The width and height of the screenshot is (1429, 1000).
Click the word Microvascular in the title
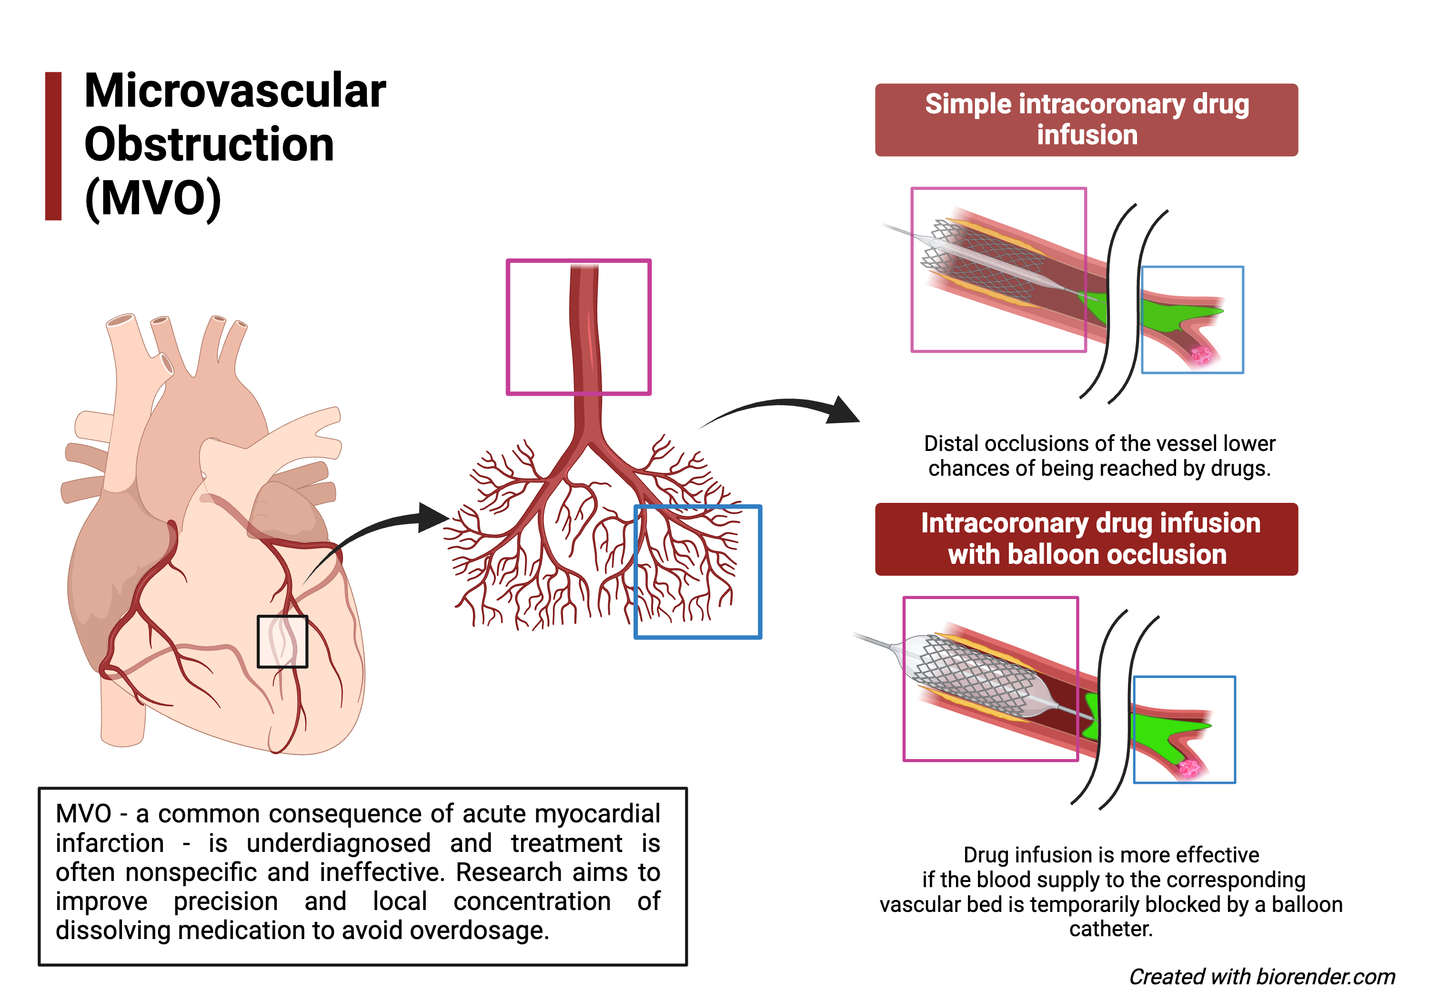pos(235,91)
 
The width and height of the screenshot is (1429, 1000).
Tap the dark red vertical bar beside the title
pos(53,146)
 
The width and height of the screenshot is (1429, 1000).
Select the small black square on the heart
pos(282,641)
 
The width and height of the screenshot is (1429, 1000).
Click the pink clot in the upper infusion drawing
pos(1200,355)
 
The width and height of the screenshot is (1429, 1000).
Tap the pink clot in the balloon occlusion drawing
pos(1189,768)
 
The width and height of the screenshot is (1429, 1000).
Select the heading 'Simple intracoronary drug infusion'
pos(1087,120)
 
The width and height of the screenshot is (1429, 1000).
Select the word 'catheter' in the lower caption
pos(1110,929)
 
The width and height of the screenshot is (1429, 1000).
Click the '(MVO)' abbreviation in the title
pos(153,199)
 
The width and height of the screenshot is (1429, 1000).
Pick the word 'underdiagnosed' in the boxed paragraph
pos(339,844)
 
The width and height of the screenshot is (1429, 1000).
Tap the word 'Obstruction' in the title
pos(209,144)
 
